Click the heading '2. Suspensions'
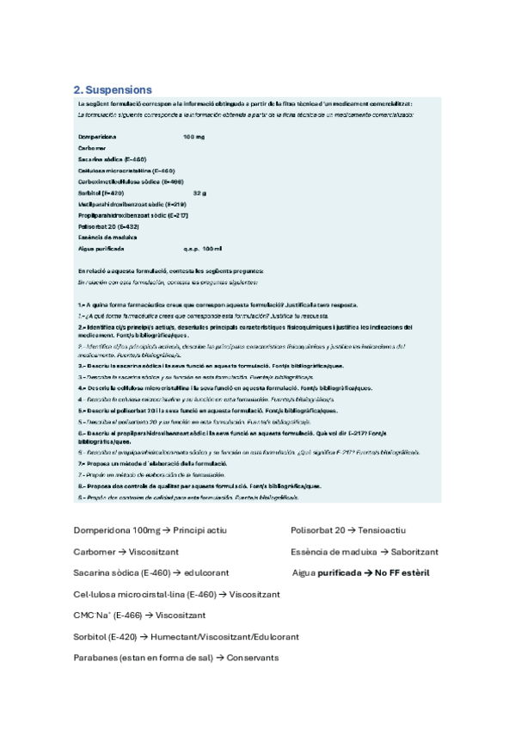tap(113, 90)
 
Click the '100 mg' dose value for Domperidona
tap(193, 137)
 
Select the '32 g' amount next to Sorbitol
tap(199, 193)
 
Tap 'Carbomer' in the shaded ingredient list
tap(91, 148)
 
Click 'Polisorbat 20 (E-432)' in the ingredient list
tap(109, 226)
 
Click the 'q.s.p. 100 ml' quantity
tap(202, 248)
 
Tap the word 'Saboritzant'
tap(414, 551)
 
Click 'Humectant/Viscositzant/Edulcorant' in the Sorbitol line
tap(224, 637)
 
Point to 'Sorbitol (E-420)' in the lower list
tap(104, 637)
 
